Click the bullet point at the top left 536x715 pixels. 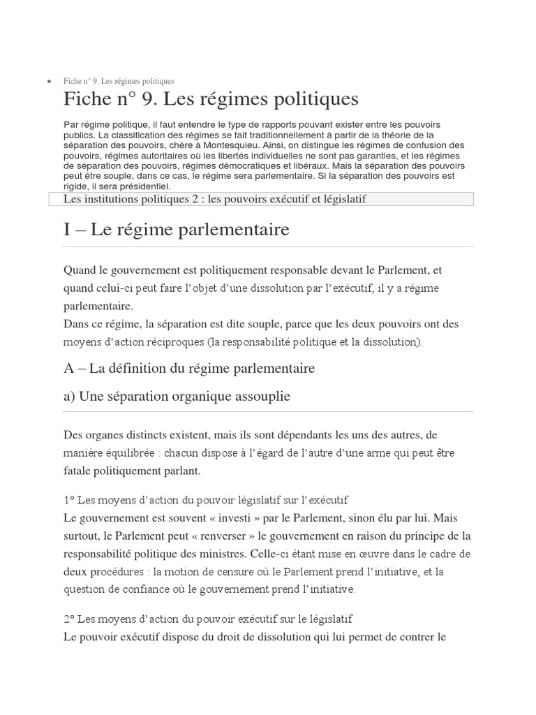click(48, 82)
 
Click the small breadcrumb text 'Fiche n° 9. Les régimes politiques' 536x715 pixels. click(119, 82)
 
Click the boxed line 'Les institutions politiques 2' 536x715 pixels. click(215, 200)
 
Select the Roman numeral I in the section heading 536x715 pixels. click(66, 229)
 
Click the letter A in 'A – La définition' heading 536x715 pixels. click(68, 368)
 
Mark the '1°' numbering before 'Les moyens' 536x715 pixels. click(68, 501)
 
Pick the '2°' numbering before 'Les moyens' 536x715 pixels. click(68, 619)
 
